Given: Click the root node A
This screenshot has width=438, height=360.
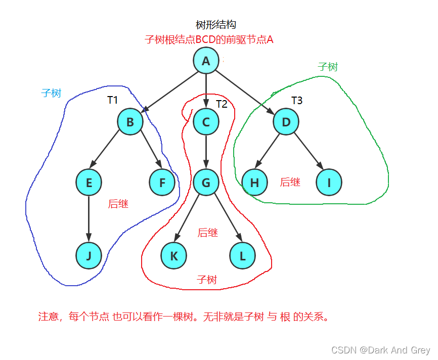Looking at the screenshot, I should (206, 61).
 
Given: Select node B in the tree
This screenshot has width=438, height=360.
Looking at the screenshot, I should (130, 122).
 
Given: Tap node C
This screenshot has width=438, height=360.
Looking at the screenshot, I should (206, 122).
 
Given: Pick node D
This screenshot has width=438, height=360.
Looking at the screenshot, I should (286, 122).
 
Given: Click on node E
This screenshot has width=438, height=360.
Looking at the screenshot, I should (89, 183).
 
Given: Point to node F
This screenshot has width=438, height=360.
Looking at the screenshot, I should (162, 183).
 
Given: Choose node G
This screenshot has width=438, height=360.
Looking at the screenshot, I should (206, 183).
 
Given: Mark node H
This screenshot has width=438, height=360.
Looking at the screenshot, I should (254, 183).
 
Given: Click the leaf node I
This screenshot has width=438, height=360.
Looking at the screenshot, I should (329, 183).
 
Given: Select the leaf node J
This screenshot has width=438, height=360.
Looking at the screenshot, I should (89, 256).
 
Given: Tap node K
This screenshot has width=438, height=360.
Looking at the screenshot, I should (174, 256).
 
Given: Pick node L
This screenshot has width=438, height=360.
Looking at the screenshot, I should (242, 256).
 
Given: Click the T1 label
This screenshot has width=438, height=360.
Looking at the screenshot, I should (112, 100).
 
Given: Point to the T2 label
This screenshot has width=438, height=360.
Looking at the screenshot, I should (222, 104).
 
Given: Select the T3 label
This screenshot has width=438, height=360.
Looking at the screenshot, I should (297, 101).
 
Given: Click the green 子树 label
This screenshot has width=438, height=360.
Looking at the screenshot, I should (328, 67).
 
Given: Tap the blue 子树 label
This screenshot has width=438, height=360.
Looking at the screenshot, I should (51, 93).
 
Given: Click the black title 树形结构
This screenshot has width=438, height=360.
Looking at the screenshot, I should (216, 25).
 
